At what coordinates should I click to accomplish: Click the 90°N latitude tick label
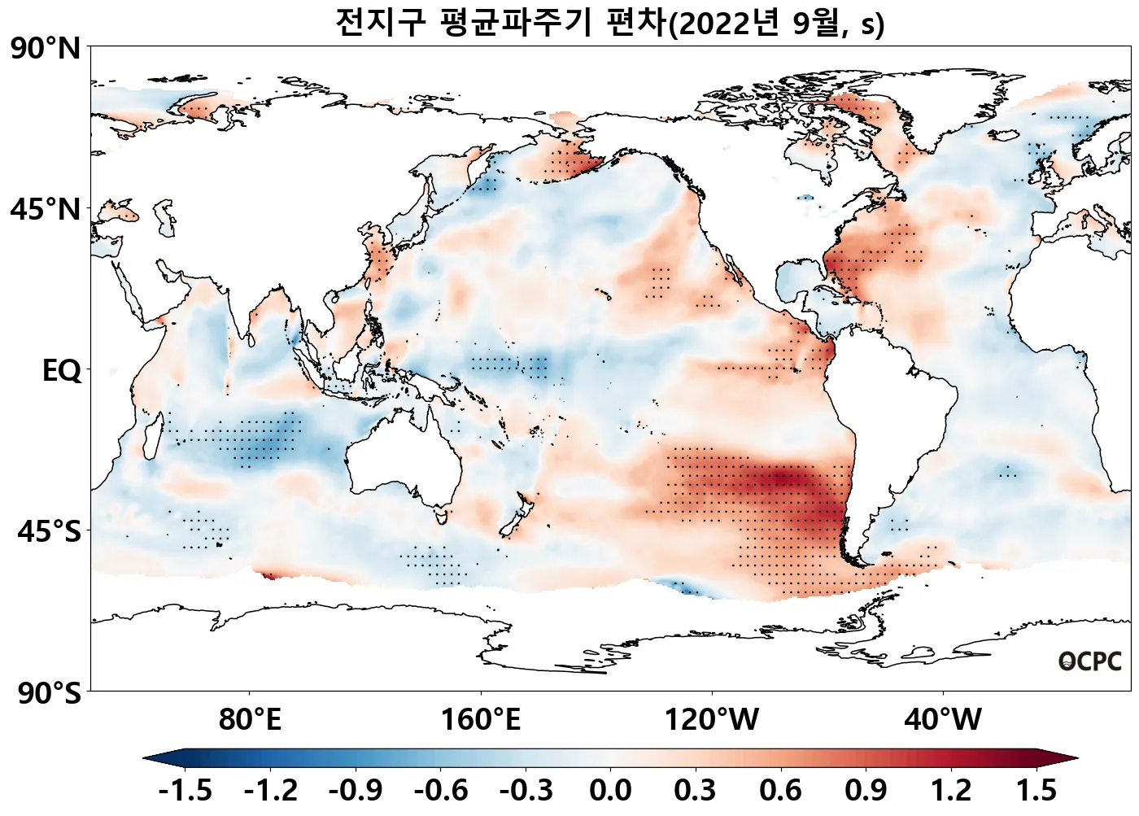click(x=46, y=49)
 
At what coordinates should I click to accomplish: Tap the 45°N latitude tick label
click(x=46, y=210)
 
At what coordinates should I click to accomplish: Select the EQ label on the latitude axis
click(x=62, y=371)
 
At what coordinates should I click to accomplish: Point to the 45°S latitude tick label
click(x=49, y=532)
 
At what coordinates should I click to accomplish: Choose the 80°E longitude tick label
click(x=250, y=720)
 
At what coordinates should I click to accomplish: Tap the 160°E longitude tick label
click(x=480, y=720)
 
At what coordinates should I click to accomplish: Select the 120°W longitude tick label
click(x=712, y=720)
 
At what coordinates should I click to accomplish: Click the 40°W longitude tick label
click(x=943, y=720)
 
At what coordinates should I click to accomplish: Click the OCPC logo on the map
click(x=1089, y=661)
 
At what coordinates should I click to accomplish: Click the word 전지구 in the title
click(x=380, y=23)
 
